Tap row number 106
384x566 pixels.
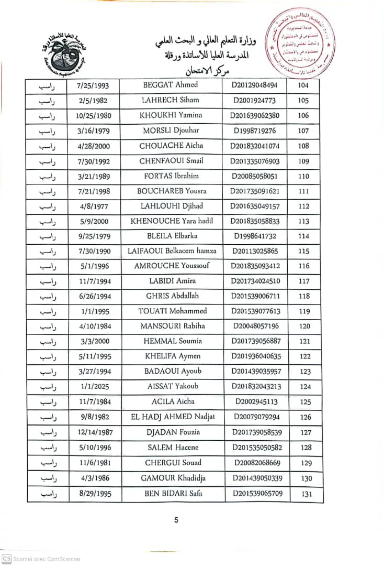coord(303,115)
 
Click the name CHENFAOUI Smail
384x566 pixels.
coord(171,161)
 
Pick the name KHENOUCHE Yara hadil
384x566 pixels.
coord(172,221)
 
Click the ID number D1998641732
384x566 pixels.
coord(255,236)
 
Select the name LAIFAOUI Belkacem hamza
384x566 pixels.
coord(172,251)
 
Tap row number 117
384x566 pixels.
coord(304,281)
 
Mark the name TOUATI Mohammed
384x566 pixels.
coord(172,311)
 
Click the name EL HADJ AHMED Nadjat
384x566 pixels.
coord(173,417)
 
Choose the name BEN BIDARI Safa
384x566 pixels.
coord(173,493)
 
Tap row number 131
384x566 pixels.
coord(307,494)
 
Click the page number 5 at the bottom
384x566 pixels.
coord(176,520)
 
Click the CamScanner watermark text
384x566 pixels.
coord(47,559)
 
